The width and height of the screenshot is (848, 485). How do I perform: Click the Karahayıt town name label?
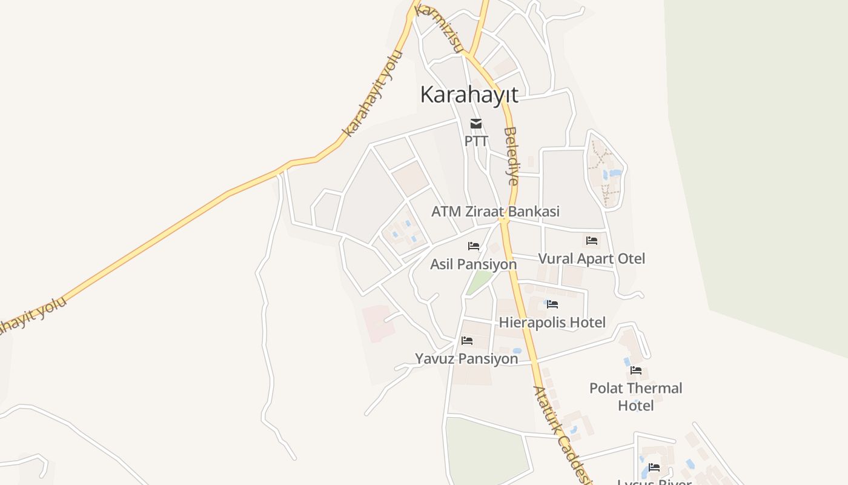pos(469,95)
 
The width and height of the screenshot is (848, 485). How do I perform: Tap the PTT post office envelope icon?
pos(476,124)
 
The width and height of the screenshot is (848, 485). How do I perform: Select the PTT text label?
pos(476,141)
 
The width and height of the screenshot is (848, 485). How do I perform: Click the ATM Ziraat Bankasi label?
pos(495,212)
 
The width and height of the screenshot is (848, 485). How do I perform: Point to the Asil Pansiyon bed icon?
pos(474,246)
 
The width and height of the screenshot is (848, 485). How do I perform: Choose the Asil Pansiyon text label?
pos(474,264)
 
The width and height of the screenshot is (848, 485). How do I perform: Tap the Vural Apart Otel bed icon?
pos(592,241)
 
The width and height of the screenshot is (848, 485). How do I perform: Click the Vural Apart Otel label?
pos(592,259)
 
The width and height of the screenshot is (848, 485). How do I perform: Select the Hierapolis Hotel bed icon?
pos(552,304)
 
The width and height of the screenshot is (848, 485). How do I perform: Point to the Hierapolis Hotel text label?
pos(552,323)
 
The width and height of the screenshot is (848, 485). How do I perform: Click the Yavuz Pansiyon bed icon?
pos(466,341)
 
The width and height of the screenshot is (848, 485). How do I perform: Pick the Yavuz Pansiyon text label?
pos(466,359)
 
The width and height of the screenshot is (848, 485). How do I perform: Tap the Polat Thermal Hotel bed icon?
pos(636,370)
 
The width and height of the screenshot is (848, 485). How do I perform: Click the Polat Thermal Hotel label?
pos(636,396)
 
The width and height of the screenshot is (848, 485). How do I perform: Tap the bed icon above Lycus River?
pos(654,467)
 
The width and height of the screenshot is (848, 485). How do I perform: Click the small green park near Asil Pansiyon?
pos(480,281)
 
